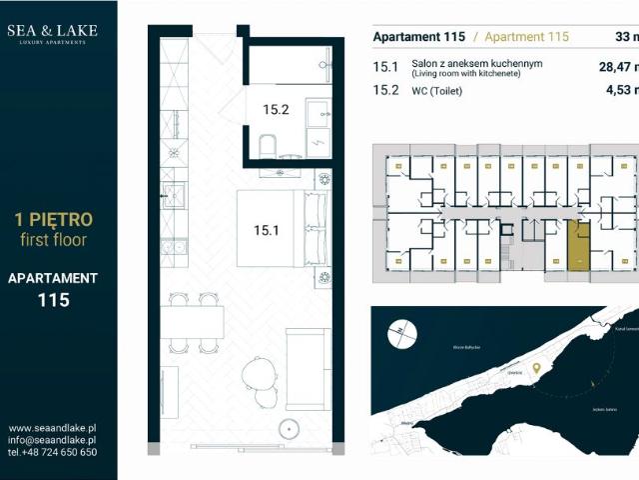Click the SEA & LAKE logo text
[52, 30]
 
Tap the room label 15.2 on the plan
[276, 110]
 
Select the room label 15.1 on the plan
[266, 230]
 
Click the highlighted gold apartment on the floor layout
[578, 245]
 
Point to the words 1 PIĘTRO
[52, 218]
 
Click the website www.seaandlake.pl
[52, 426]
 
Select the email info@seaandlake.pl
[52, 439]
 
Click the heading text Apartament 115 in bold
[418, 37]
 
